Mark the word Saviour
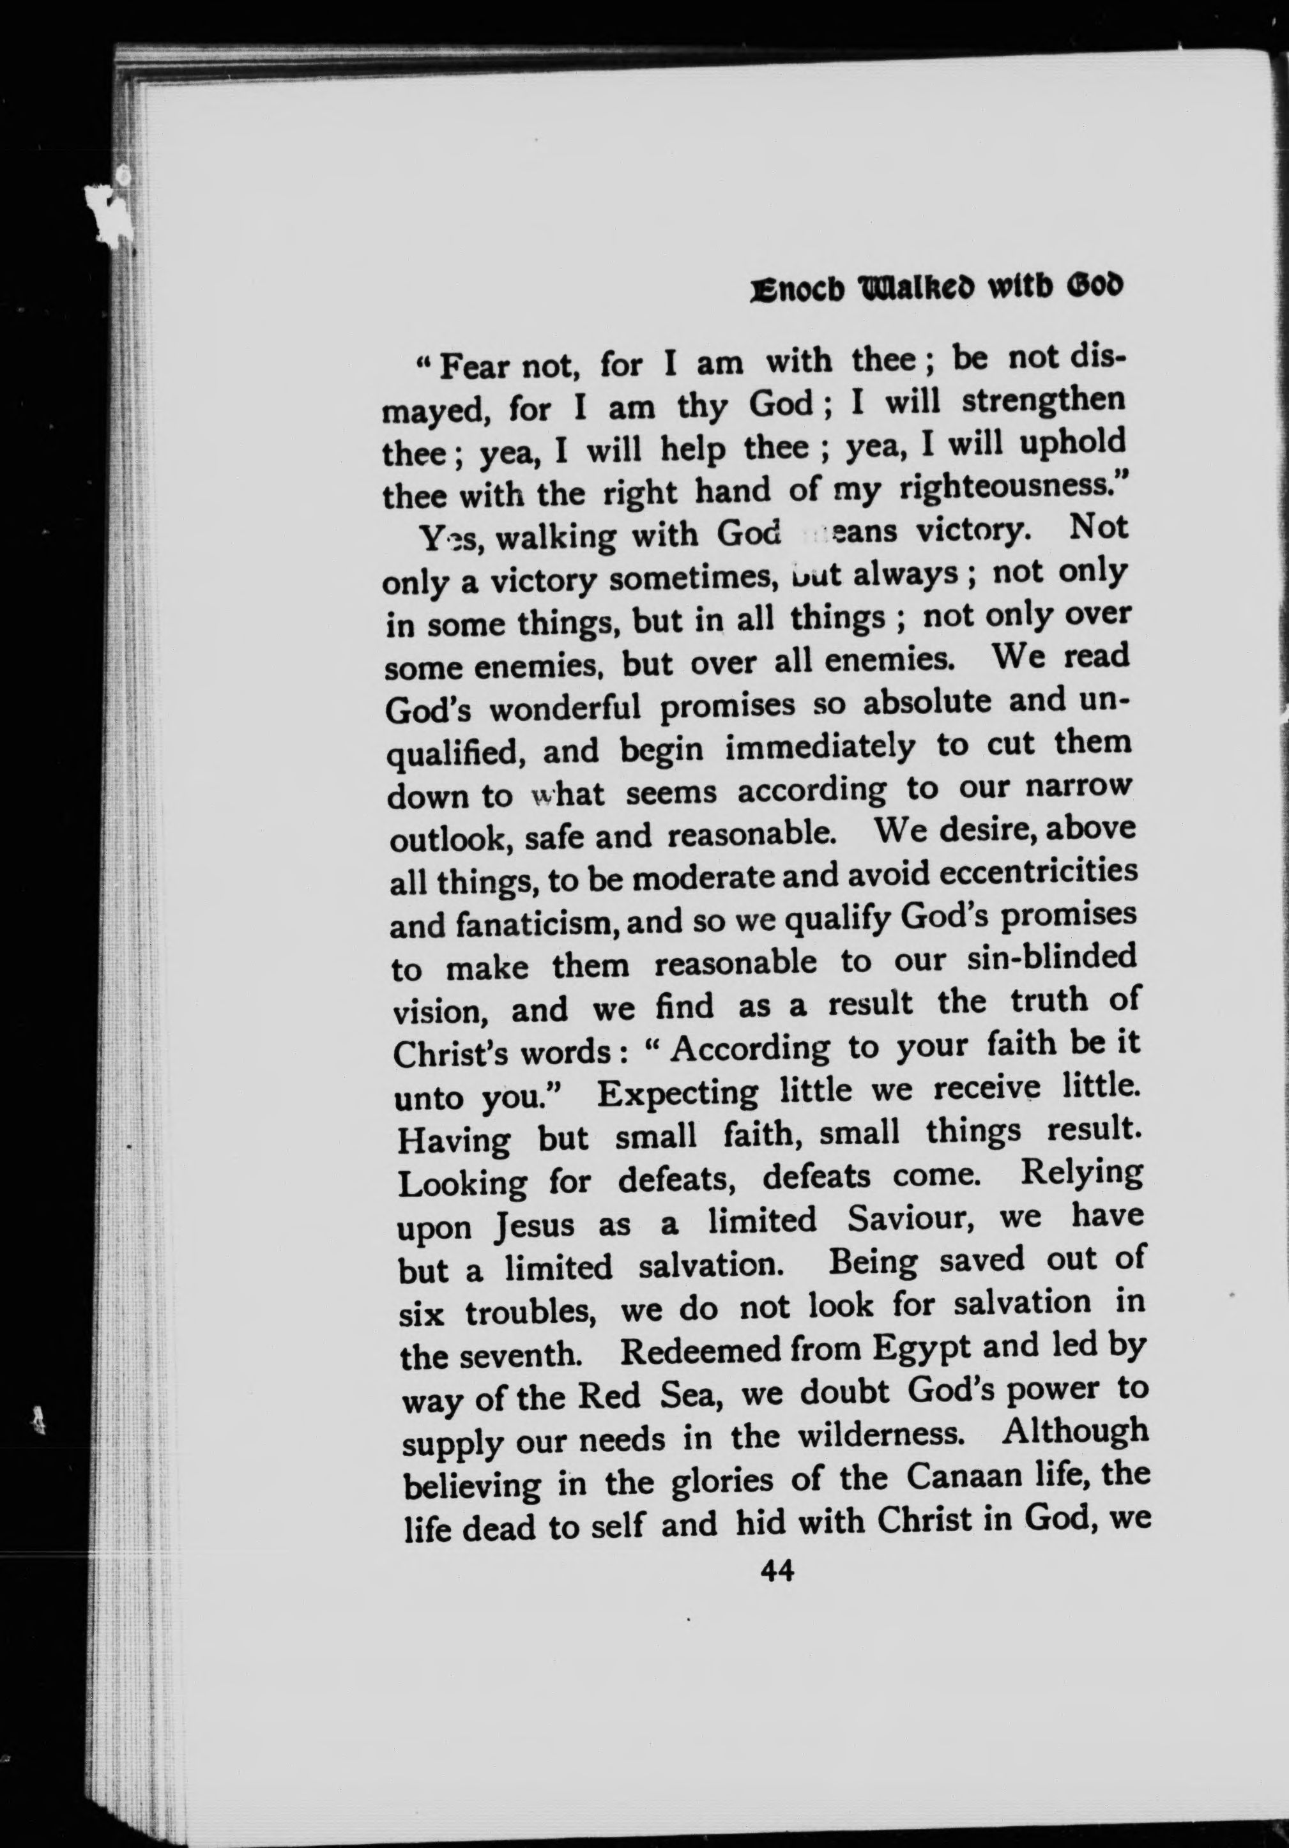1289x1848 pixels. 911,1220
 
